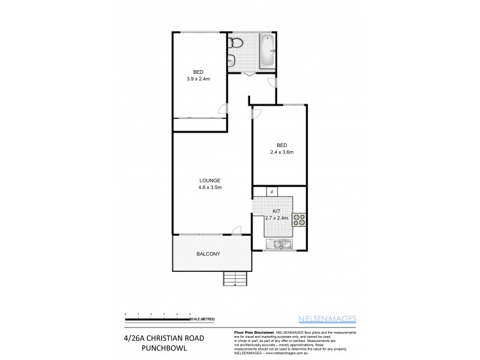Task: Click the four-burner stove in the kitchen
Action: coord(299,220)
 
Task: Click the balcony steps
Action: coord(235,279)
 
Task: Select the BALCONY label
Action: coord(208,254)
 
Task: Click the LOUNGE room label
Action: coord(210,181)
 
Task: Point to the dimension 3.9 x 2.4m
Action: coord(199,79)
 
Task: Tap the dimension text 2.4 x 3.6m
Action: coord(281,152)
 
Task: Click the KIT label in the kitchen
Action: coord(277,211)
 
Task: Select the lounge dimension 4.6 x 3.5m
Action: coord(210,188)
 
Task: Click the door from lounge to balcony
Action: coord(236,230)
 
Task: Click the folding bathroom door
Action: coord(249,74)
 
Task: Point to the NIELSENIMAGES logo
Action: coord(327,319)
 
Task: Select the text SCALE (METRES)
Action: coord(204,319)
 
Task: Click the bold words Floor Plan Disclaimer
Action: coord(251,332)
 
